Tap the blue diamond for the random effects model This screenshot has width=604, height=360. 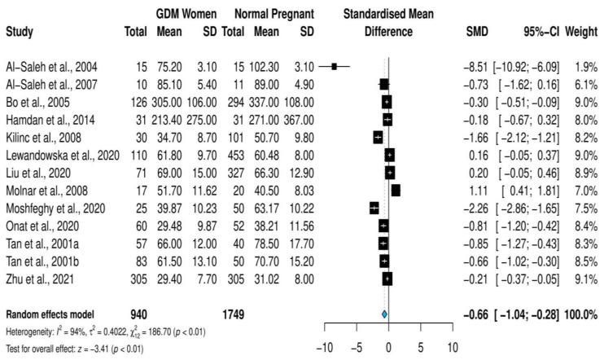point(384,314)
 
